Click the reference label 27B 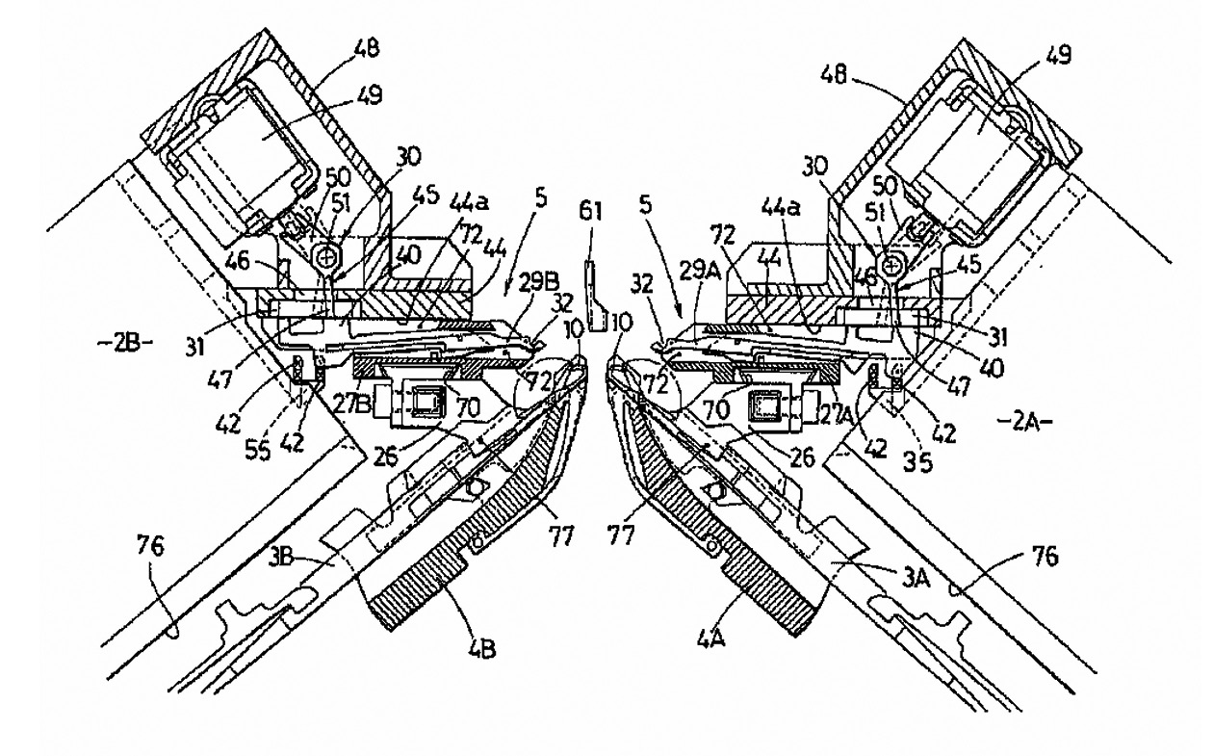pyautogui.click(x=342, y=391)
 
